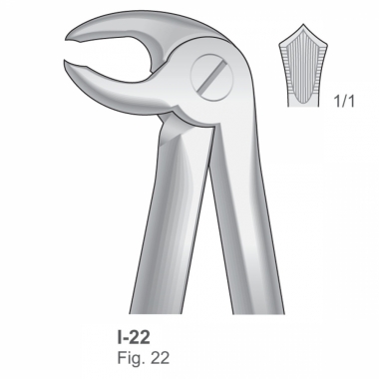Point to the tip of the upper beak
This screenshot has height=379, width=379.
point(67,38)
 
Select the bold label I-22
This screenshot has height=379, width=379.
point(134,336)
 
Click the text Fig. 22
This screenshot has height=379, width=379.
point(143,358)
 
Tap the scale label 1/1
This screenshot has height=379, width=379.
point(344,101)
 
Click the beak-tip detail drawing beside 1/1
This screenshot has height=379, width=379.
point(303,66)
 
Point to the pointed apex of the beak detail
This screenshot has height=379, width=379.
point(303,24)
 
